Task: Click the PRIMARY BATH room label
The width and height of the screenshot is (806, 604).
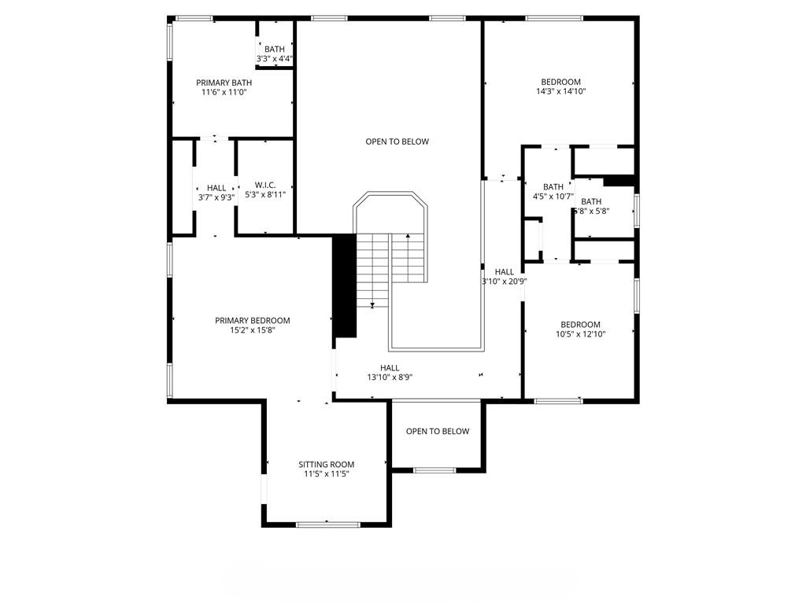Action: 224,83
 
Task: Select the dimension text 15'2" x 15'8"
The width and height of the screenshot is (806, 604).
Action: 252,330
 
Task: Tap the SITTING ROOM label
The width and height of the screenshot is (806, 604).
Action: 326,464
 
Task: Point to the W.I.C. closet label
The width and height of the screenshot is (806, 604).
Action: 264,186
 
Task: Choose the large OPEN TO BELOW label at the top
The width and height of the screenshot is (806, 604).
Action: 397,142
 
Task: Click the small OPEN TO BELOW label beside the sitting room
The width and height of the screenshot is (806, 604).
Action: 438,431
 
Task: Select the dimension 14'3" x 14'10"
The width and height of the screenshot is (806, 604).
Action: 560,91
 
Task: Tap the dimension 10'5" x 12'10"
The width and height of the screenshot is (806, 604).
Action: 580,334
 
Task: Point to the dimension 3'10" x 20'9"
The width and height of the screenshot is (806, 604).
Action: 504,281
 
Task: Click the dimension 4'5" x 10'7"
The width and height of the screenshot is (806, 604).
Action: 553,197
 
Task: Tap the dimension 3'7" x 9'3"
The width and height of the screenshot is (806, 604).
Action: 216,197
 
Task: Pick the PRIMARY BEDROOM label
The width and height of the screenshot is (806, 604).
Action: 252,320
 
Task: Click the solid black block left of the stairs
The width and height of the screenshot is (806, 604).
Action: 344,287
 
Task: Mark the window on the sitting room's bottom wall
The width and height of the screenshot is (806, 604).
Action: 327,524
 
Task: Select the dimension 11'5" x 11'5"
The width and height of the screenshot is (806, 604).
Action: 326,474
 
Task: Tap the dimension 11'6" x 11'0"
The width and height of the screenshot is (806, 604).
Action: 224,92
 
